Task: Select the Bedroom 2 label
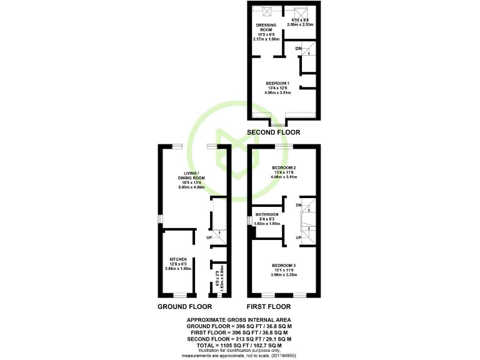tap(284, 168)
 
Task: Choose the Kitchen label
tap(178, 259)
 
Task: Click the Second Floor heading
tap(273, 132)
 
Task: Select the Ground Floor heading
tap(184, 307)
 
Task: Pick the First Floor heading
tap(269, 307)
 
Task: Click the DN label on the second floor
tap(299, 48)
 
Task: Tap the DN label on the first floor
tap(299, 205)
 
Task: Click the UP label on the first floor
tap(299, 238)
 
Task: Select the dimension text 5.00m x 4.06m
tap(191, 187)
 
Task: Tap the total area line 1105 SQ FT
tap(240, 345)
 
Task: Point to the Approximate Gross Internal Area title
tap(240, 319)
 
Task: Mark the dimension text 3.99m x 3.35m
tap(284, 275)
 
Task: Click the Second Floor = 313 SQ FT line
tap(240, 339)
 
